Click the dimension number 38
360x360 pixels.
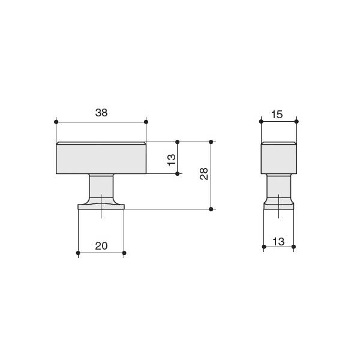[101, 113]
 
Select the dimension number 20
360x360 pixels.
[101, 246]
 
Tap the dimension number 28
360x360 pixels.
[204, 173]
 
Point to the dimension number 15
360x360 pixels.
[277, 115]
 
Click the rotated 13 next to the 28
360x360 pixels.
[171, 160]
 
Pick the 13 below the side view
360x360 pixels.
[278, 242]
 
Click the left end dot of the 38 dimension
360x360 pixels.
[56, 122]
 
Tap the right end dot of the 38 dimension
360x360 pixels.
[146, 122]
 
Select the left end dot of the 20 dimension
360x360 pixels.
[78, 253]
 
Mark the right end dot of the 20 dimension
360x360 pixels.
[124, 253]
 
